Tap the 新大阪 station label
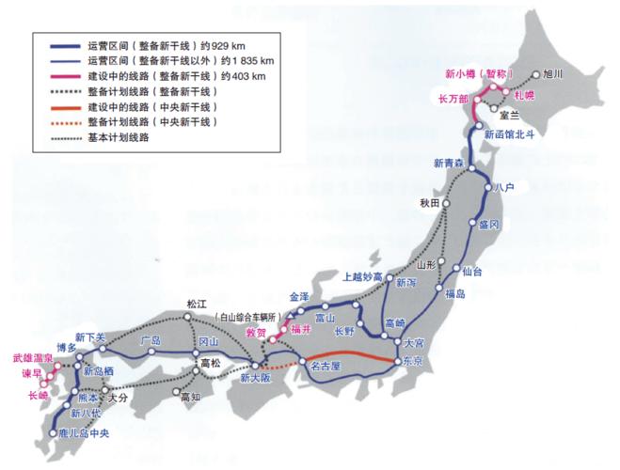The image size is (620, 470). coord(255,379)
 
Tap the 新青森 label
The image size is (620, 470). coord(451,164)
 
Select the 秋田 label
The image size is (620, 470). coord(431,203)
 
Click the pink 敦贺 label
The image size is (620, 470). coord(257,333)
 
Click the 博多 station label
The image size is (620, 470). coord(66,347)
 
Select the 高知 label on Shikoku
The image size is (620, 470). coord(191,398)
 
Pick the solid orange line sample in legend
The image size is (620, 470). coord(55,106)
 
